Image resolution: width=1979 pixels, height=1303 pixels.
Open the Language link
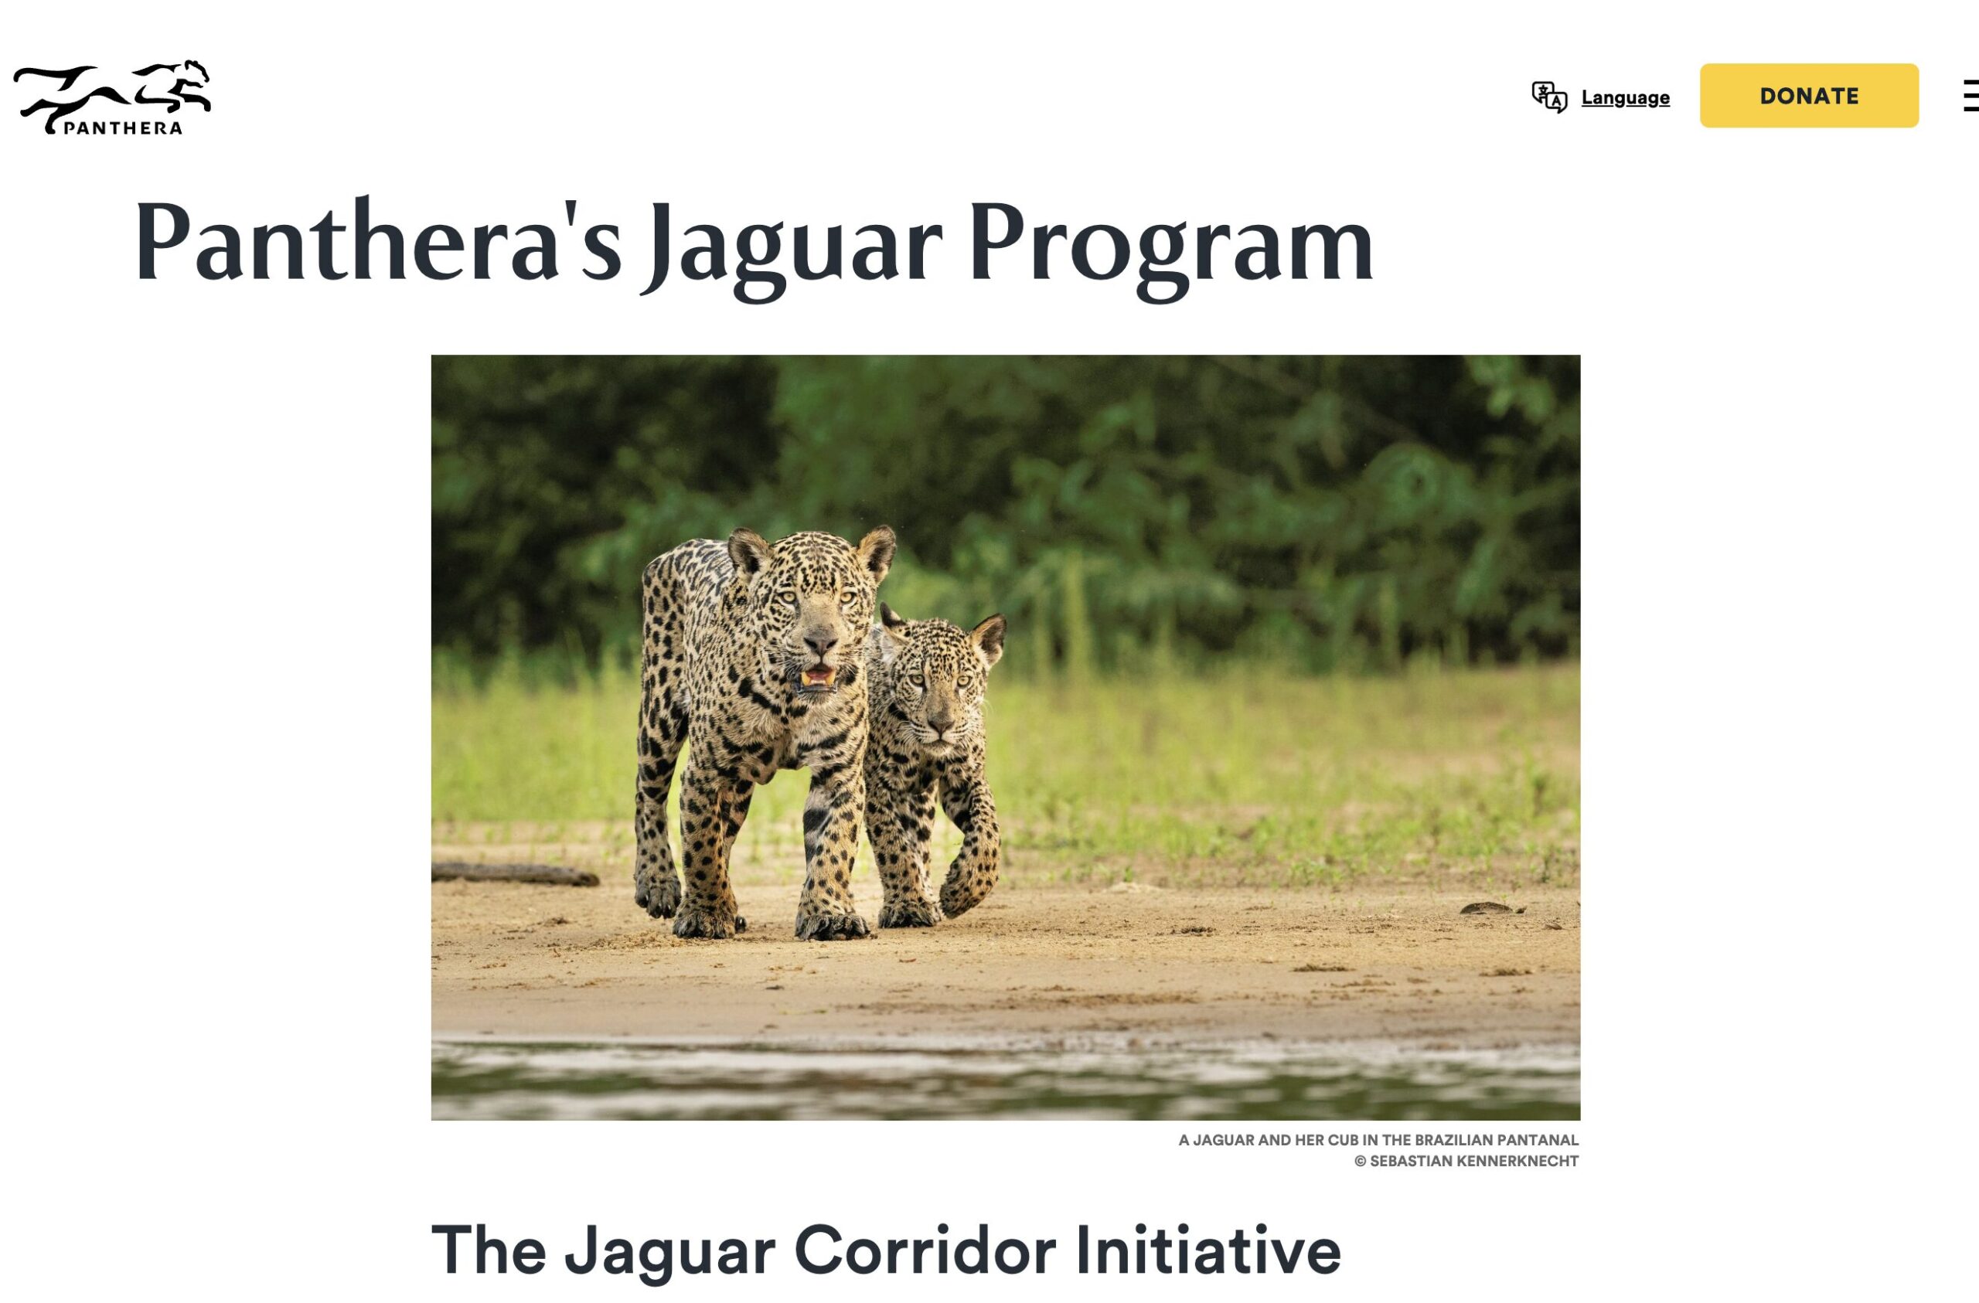pos(1625,97)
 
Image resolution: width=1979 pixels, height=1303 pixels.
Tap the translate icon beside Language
pos(1549,97)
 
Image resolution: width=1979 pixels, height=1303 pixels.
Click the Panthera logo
pos(112,97)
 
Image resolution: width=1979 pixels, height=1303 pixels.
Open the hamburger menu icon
pos(1970,96)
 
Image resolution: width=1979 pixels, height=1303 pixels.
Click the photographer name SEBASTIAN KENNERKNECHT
pos(1474,1162)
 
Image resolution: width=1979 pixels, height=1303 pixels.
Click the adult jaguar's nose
pos(820,641)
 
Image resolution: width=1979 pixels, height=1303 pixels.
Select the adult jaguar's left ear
pos(877,551)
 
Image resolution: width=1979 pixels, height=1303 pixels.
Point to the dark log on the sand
pos(515,873)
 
